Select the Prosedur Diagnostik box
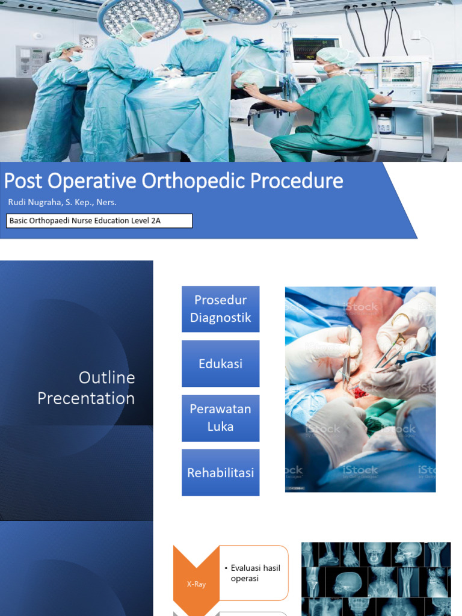(220, 309)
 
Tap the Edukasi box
(220, 363)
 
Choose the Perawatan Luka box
(220, 418)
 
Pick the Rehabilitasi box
(220, 473)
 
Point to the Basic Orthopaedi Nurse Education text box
(99, 221)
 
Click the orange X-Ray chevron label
(196, 584)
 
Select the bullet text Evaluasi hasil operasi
(255, 573)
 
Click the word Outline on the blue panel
(106, 378)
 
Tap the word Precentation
(86, 398)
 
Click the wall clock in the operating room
(88, 42)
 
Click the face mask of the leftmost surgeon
(76, 57)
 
